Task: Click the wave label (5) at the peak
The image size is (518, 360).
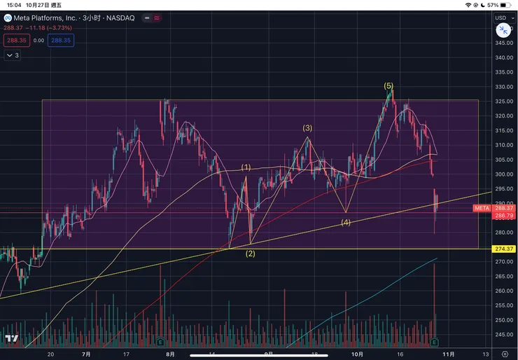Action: (x=388, y=85)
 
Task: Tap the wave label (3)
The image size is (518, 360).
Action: (x=307, y=128)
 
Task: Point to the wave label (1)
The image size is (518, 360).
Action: (x=246, y=167)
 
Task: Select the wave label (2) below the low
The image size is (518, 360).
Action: (x=250, y=254)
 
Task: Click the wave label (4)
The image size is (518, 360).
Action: (x=346, y=223)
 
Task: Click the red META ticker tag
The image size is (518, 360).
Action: (x=482, y=208)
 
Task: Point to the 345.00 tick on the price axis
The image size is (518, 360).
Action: (x=504, y=43)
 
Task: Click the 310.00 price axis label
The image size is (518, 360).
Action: (x=504, y=146)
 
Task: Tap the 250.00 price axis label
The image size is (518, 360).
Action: (x=504, y=320)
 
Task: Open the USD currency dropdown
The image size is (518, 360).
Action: (x=503, y=18)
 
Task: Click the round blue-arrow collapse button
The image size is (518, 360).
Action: (x=503, y=29)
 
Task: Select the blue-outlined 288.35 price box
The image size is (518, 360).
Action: (x=62, y=41)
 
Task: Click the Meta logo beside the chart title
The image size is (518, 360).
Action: (x=8, y=18)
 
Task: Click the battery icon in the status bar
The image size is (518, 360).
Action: (x=507, y=4)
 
